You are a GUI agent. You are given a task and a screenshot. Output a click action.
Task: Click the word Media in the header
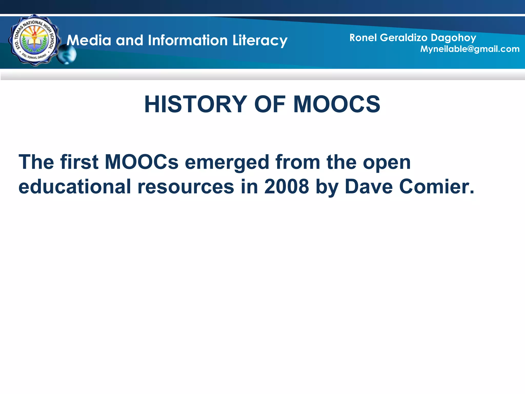(x=89, y=41)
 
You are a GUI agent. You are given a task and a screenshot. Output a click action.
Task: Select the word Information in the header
(x=188, y=41)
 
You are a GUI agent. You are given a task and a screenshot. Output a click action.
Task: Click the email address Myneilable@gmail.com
(x=470, y=49)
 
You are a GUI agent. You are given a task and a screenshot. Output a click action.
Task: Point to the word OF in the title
(x=270, y=104)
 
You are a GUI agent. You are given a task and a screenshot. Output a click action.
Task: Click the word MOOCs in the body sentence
(x=142, y=162)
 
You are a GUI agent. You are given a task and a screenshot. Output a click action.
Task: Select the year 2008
(x=287, y=186)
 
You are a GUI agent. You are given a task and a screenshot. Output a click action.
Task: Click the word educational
(x=75, y=186)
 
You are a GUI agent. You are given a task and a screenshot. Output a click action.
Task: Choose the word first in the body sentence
(x=79, y=162)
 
